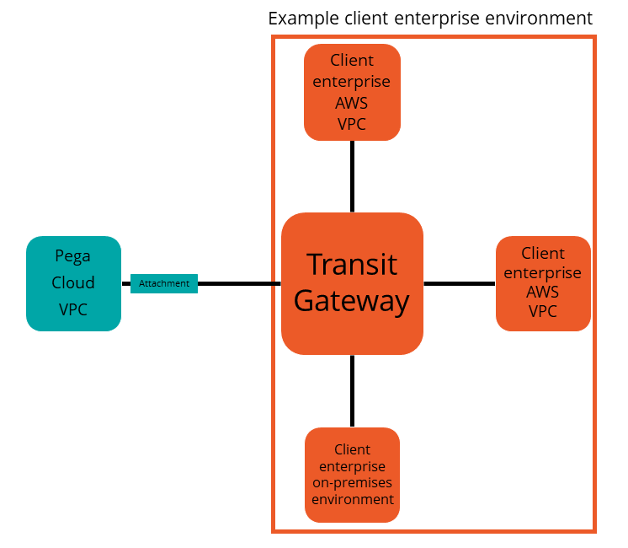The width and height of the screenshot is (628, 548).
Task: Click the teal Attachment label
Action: (164, 283)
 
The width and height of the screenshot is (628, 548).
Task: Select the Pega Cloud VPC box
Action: (73, 283)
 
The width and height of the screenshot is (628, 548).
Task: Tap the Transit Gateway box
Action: (352, 283)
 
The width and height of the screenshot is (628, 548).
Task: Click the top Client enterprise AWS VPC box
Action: (352, 92)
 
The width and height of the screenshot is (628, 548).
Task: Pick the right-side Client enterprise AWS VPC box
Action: (543, 283)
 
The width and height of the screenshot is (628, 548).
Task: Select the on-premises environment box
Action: (352, 475)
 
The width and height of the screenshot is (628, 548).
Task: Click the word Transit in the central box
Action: (352, 264)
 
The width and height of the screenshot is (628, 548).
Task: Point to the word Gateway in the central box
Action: (352, 301)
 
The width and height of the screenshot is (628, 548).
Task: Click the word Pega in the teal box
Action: (73, 256)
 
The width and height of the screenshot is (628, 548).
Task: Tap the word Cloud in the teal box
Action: (73, 282)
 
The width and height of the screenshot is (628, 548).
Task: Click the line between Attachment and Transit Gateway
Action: (239, 283)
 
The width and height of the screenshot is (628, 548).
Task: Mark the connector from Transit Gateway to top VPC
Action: (352, 176)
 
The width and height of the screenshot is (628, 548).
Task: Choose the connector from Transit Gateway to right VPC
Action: (459, 283)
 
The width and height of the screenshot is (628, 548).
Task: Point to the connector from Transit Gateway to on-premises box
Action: (352, 391)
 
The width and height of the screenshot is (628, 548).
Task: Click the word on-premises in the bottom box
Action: (352, 482)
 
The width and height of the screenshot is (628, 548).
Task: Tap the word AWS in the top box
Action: (352, 103)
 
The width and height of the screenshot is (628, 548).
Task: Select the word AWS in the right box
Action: (543, 293)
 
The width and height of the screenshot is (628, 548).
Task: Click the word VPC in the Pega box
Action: (73, 309)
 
